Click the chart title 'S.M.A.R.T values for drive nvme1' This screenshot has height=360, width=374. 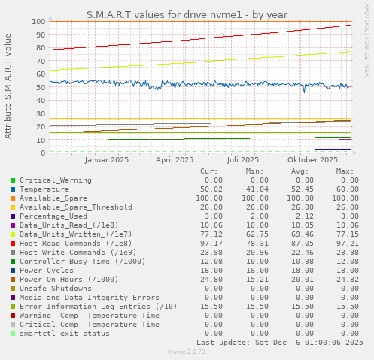[187, 14]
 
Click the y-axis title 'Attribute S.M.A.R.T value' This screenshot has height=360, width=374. [8, 86]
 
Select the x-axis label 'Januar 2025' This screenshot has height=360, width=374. [106, 159]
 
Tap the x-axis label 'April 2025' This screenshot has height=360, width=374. [175, 159]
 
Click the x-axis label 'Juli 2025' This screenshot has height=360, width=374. [243, 159]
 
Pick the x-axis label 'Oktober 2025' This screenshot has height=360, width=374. [312, 159]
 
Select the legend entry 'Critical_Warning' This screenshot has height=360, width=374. [56, 180]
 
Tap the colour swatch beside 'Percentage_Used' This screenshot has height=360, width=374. [13, 216]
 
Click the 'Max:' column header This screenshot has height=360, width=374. [345, 171]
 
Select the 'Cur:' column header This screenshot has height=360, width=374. [209, 171]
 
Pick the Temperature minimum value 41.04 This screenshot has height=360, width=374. [257, 189]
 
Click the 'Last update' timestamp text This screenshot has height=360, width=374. [280, 342]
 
